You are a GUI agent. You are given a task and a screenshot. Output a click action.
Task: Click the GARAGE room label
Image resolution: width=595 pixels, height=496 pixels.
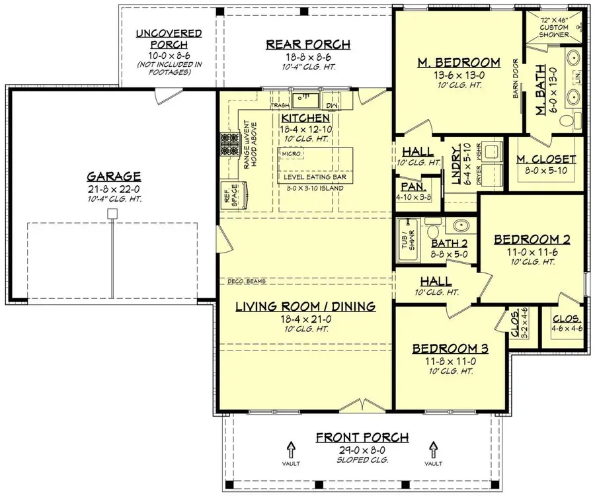pyautogui.click(x=114, y=177)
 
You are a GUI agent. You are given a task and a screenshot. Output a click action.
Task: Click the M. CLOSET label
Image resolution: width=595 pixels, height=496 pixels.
pyautogui.click(x=546, y=159)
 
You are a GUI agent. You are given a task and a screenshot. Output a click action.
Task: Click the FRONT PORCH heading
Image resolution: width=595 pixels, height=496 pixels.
pyautogui.click(x=362, y=437)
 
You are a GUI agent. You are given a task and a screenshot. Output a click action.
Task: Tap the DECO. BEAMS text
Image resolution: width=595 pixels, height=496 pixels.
pyautogui.click(x=246, y=282)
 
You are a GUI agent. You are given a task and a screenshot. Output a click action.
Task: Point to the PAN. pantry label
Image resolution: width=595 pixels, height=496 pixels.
pyautogui.click(x=407, y=187)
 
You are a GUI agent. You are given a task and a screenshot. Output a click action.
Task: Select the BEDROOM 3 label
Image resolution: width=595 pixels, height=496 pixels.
pyautogui.click(x=450, y=349)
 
